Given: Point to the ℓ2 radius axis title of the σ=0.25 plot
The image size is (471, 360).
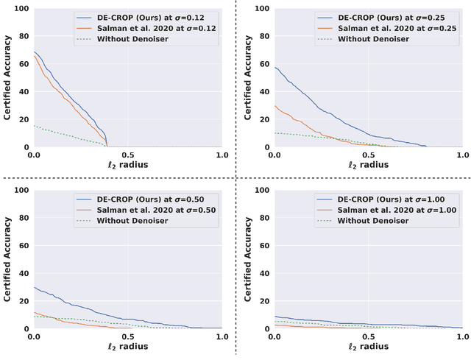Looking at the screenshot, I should point(369,164).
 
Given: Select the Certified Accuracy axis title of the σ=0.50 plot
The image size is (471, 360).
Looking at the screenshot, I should point(7,260).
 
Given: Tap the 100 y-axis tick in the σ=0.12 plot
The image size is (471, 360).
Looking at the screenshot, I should point(21,9).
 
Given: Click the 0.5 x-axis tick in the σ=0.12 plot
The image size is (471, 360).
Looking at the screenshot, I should point(128,155).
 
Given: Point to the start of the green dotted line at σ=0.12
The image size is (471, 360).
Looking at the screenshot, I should point(34,126).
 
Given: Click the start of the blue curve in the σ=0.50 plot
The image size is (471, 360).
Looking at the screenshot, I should point(34,287).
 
